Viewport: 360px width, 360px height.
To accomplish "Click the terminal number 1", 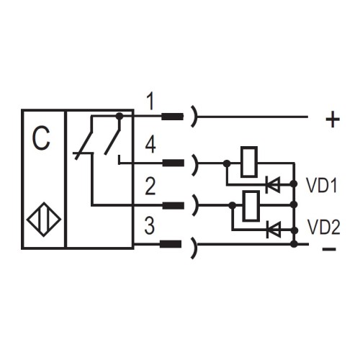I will tap(149, 101).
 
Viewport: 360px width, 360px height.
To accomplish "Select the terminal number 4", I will tap(150, 145).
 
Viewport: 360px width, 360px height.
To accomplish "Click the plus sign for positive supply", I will tap(332, 120).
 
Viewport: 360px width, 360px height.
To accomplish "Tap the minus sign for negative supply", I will tap(328, 249).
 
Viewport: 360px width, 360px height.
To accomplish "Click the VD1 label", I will tap(322, 185).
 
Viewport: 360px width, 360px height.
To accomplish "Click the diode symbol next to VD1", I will tap(273, 185).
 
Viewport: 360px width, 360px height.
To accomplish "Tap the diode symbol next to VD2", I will tap(273, 229).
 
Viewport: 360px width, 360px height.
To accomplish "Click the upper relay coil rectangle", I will tap(248, 161).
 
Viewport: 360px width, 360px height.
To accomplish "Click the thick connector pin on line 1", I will tap(172, 116).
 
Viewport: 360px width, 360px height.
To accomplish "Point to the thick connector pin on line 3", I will tap(172, 245).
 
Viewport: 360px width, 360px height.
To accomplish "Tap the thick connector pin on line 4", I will tap(172, 163).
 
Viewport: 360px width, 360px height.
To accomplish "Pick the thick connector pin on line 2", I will tap(172, 205).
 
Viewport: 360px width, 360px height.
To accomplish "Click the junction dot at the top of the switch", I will tap(119, 115).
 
